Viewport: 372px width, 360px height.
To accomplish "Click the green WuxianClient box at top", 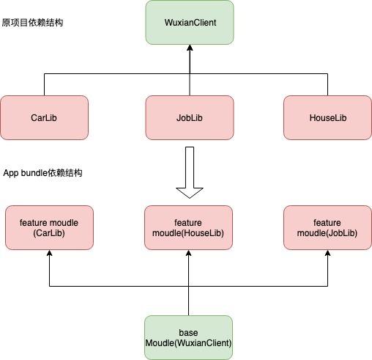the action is (190, 23).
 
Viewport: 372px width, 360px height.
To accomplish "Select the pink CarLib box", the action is (44, 117).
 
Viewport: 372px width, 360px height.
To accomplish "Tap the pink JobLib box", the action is (190, 117).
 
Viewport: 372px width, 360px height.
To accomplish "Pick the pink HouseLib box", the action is (327, 117).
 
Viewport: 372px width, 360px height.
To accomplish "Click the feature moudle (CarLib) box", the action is (49, 227).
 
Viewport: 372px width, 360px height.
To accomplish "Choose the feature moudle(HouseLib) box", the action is (188, 227).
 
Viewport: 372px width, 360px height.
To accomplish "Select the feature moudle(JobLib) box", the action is (327, 227).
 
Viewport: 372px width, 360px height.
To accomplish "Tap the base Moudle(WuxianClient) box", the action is (188, 337).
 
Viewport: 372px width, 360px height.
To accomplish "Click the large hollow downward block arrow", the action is (190, 172).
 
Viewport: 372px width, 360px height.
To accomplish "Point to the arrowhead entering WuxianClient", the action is (190, 48).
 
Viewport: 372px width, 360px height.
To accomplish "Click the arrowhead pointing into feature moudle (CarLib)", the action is (49, 253).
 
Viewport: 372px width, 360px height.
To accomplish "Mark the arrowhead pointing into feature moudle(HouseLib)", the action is (188, 253).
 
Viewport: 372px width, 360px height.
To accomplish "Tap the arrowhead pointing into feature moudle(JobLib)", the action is (327, 253).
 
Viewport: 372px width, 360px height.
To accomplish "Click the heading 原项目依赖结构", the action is (32, 23).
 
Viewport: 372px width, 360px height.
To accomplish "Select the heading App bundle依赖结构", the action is (42, 173).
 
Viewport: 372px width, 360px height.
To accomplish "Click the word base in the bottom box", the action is (188, 333).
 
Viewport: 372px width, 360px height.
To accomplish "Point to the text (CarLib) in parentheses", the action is (49, 233).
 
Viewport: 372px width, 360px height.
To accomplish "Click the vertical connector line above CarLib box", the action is (44, 84).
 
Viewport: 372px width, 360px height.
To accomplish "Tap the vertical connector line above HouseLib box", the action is (327, 84).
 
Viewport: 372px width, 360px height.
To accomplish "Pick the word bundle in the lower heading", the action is (34, 173).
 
